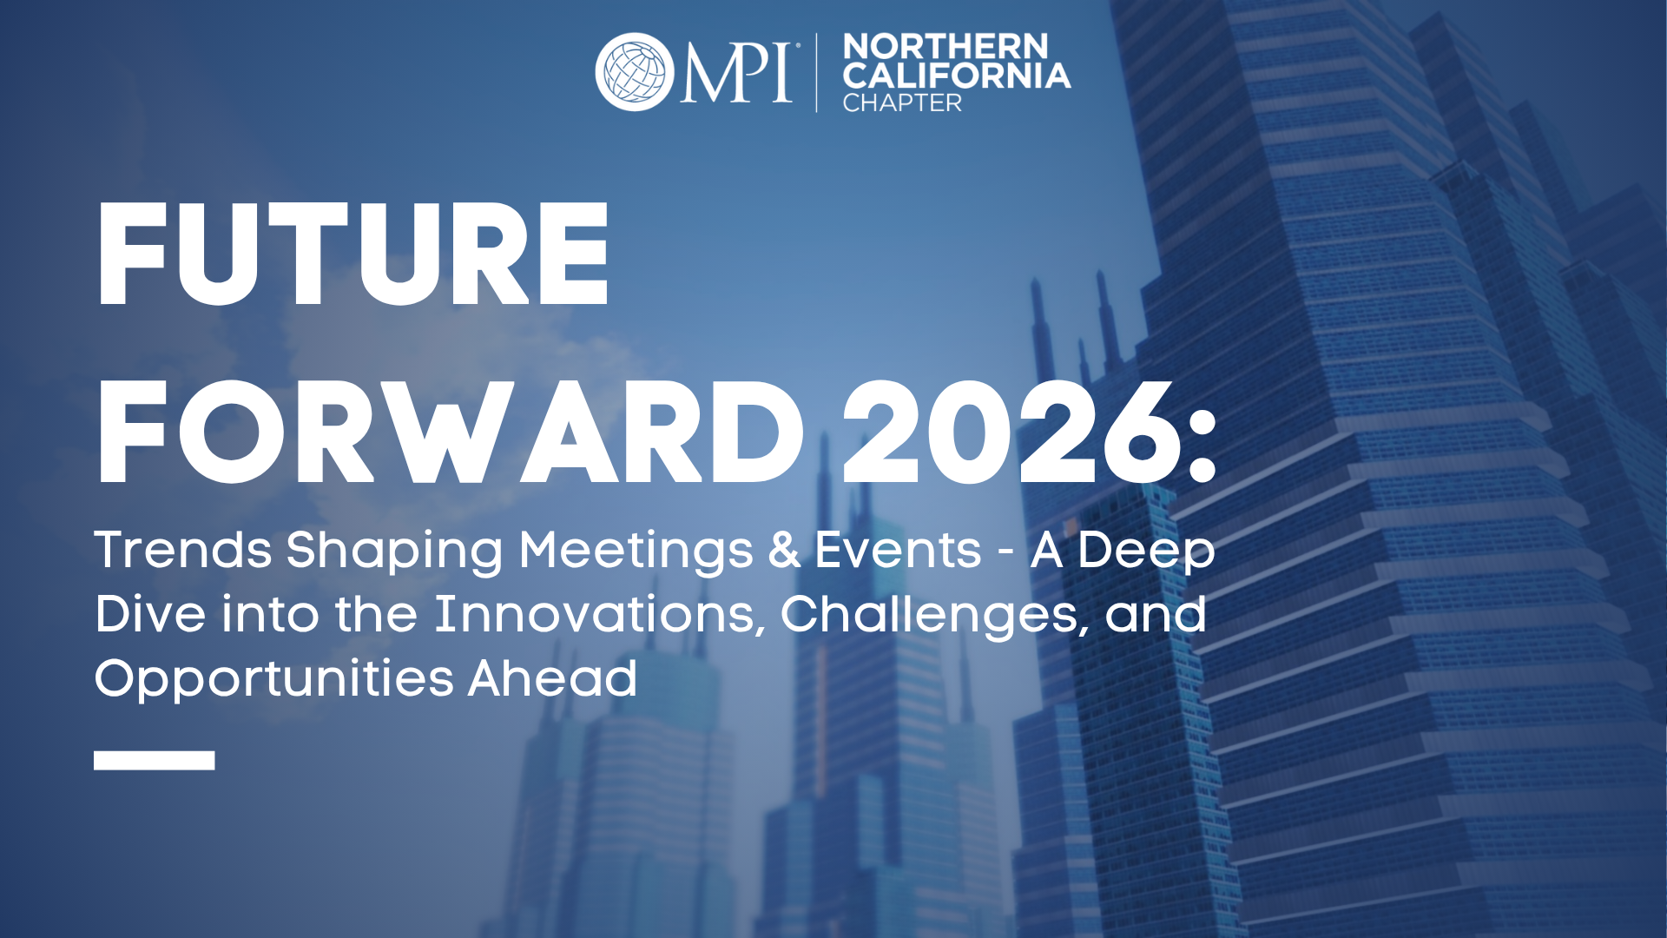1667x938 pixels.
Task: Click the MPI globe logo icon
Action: click(x=635, y=72)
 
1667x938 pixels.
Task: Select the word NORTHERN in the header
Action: click(x=946, y=46)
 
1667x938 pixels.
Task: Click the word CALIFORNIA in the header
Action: click(x=956, y=76)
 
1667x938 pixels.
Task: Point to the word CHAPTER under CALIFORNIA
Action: click(x=902, y=103)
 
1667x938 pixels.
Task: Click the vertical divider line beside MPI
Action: click(x=816, y=73)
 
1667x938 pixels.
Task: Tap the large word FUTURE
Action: click(x=353, y=254)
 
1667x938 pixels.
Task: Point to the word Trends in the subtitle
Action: click(x=183, y=550)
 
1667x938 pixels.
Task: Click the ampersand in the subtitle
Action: click(x=784, y=551)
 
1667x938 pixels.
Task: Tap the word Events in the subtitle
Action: click(x=898, y=551)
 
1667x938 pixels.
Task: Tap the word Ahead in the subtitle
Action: click(x=552, y=677)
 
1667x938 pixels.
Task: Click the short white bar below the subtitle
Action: click(x=155, y=761)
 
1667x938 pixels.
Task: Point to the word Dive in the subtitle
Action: click(x=150, y=614)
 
